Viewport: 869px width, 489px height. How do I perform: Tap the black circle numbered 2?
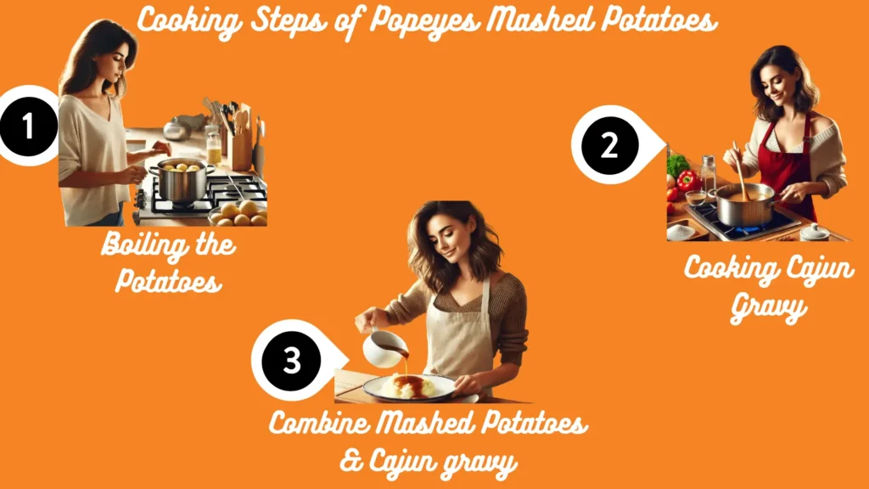pyautogui.click(x=608, y=145)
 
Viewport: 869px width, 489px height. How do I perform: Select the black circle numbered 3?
pyautogui.click(x=291, y=360)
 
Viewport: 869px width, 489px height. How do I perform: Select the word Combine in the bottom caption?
pyautogui.click(x=324, y=422)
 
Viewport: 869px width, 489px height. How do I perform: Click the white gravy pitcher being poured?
pyautogui.click(x=380, y=347)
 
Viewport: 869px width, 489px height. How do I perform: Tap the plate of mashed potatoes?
pyautogui.click(x=409, y=388)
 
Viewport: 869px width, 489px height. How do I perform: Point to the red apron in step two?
pyautogui.click(x=785, y=161)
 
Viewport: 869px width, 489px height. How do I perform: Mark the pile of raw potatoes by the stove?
pyautogui.click(x=238, y=213)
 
